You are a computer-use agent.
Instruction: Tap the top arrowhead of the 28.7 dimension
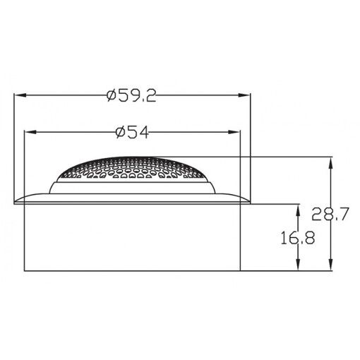[x=329, y=160]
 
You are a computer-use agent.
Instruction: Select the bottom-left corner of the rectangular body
[x=25, y=270]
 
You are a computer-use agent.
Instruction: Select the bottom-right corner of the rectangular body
[x=241, y=270]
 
